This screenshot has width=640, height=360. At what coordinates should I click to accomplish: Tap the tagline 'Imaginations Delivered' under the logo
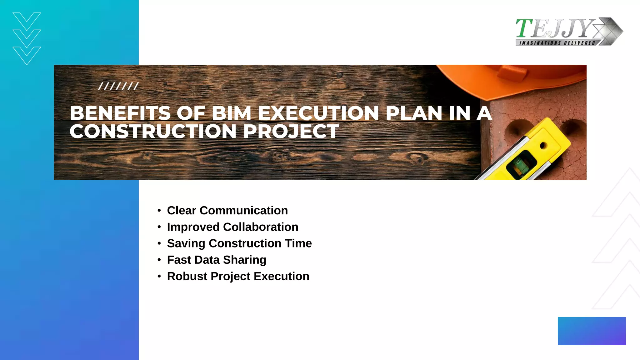(x=557, y=43)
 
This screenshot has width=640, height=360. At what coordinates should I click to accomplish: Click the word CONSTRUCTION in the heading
(x=153, y=131)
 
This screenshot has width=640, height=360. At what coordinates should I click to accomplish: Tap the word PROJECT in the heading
(x=291, y=131)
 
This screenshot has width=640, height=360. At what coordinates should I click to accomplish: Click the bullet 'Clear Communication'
(x=227, y=211)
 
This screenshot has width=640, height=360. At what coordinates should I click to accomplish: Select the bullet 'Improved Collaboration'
(x=232, y=227)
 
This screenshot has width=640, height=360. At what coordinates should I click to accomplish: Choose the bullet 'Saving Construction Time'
(x=239, y=243)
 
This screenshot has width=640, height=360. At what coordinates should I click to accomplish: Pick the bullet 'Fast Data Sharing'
(x=217, y=260)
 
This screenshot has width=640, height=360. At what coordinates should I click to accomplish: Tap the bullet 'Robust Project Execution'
(x=238, y=277)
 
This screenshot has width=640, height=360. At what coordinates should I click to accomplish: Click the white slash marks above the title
(x=118, y=86)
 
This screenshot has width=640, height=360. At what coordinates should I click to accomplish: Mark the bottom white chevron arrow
(x=27, y=55)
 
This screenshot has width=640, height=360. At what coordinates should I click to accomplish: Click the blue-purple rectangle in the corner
(x=592, y=331)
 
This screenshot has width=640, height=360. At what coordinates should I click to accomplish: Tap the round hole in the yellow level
(x=543, y=146)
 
